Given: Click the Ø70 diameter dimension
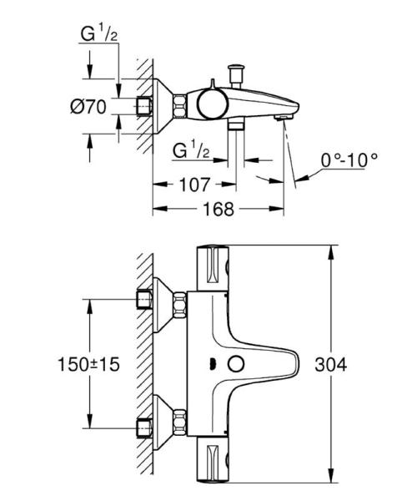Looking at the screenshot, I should point(89,106).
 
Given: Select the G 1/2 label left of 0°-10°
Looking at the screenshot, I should point(191,150).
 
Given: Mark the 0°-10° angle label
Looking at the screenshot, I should point(349,158).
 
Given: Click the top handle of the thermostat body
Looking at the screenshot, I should point(214,267).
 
